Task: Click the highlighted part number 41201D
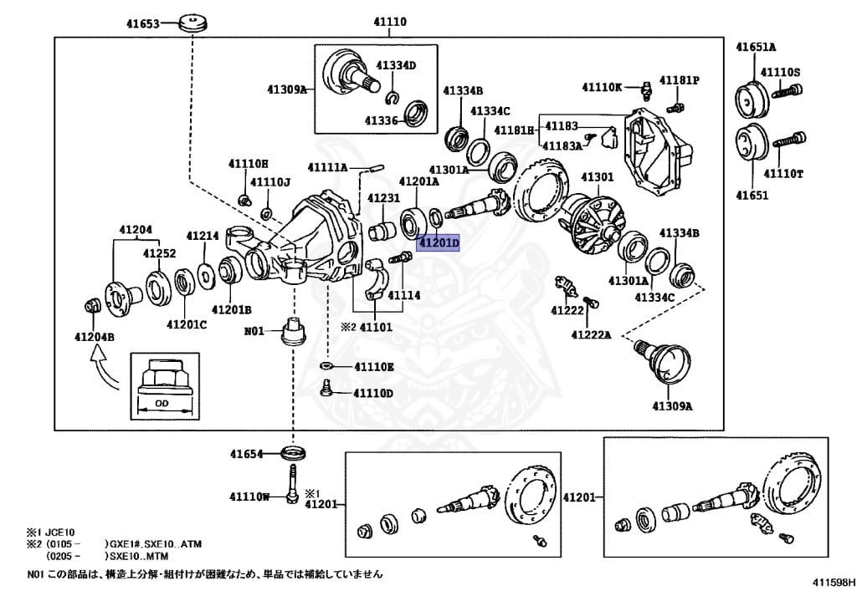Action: [x=439, y=243]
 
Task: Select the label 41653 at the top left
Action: [x=143, y=24]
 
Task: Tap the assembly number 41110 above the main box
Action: [x=389, y=22]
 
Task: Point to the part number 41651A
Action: [x=756, y=47]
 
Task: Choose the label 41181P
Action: [x=679, y=80]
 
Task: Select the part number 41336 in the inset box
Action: [x=381, y=120]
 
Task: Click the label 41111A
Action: [x=327, y=167]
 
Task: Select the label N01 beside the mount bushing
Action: [x=254, y=331]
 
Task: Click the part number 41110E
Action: [x=373, y=367]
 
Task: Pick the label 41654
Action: [x=247, y=455]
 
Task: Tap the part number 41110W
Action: [x=249, y=497]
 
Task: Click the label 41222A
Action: [x=591, y=334]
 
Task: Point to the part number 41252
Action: [x=159, y=253]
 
